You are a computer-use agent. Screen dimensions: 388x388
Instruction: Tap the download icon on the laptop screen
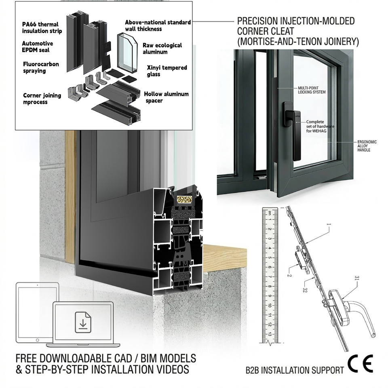(x=83, y=323)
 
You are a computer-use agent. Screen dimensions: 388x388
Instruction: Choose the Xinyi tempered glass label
(x=167, y=71)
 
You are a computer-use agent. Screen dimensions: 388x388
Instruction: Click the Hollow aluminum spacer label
(x=166, y=97)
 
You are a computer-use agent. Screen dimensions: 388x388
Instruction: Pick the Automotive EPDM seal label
(x=37, y=46)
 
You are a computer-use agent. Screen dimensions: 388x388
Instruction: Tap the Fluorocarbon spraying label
(x=41, y=67)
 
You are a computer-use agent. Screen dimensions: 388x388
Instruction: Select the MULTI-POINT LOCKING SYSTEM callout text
(x=312, y=90)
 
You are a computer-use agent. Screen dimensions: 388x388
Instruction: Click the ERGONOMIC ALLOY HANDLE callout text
(x=367, y=146)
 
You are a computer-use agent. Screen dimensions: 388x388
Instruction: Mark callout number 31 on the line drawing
(x=357, y=278)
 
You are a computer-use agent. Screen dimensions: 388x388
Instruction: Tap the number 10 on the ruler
(x=269, y=306)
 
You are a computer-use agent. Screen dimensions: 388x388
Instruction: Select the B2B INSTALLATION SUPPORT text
(x=295, y=370)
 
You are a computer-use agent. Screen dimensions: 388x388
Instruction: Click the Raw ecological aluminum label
(x=162, y=48)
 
